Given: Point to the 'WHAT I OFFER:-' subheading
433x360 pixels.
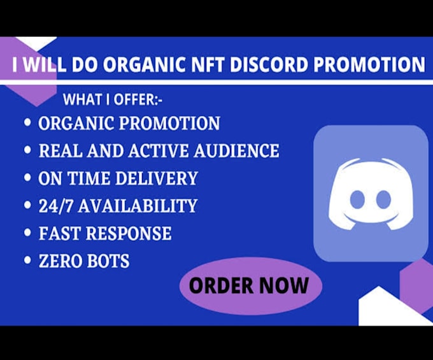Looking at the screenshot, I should (111, 100).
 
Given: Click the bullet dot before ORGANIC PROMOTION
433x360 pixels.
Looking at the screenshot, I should (28, 123).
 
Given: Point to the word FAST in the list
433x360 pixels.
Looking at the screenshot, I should (59, 233).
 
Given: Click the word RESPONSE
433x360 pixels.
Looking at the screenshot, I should (129, 233).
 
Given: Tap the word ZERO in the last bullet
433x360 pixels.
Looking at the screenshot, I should (61, 261).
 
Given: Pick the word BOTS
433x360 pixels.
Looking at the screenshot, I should (108, 261).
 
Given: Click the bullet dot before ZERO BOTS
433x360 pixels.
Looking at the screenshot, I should (28, 261).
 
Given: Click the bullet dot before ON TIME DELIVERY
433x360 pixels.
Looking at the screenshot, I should (28, 178).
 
